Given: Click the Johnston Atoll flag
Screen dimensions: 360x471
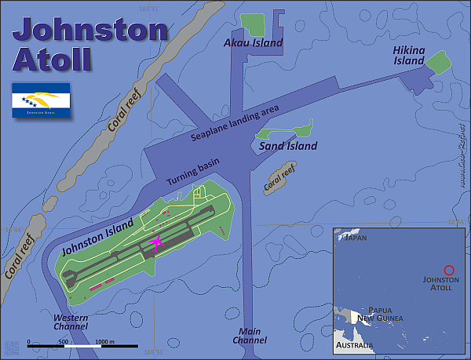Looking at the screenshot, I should pos(41,101).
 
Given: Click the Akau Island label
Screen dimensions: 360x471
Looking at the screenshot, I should pos(253,43).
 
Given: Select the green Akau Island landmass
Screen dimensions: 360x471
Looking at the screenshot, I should pos(253,24).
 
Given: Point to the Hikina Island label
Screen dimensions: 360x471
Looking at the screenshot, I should pos(408,55).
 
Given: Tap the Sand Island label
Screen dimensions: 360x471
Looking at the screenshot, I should pos(287,146).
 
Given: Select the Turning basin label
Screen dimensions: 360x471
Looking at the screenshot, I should pos(193,173).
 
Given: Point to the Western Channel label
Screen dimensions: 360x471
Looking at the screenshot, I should pos(71,322).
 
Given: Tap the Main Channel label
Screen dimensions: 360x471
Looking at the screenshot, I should pos(250,336).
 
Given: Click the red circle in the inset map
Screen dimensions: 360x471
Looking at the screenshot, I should pos(449,269).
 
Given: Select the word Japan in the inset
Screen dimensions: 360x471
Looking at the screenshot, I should pos(356,237).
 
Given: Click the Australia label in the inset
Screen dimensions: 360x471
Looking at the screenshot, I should pos(354,345).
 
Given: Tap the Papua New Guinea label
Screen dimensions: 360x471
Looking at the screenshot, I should pos(379,314).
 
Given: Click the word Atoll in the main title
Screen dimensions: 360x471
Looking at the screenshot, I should pos(52,59).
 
